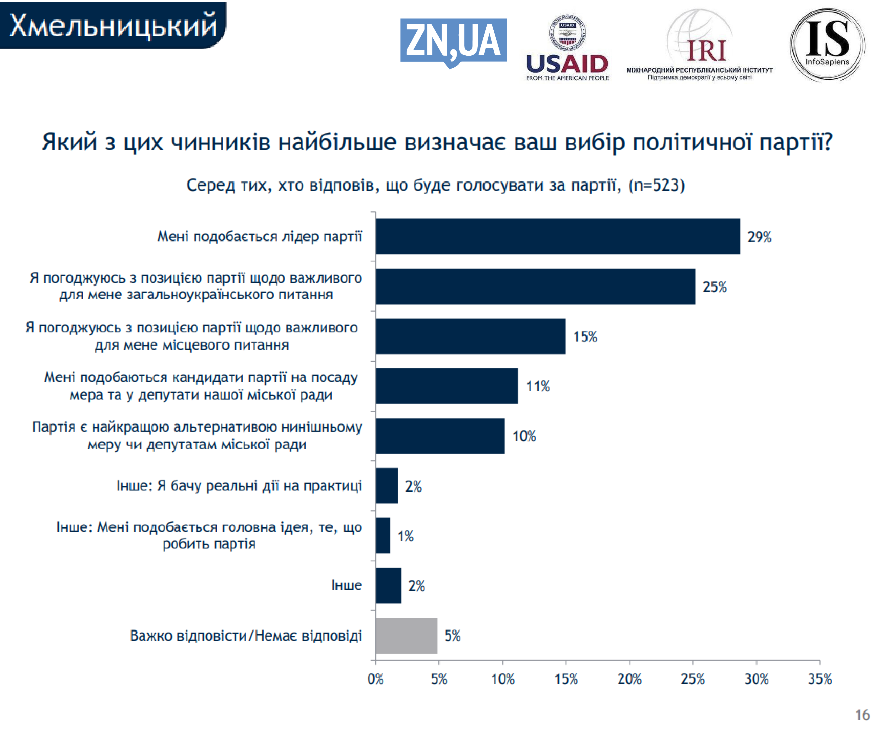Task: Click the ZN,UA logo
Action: [x=453, y=41]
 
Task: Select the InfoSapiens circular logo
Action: [x=827, y=44]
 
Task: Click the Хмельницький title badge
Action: [x=113, y=25]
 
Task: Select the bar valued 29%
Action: [x=558, y=237]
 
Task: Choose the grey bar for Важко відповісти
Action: [x=406, y=635]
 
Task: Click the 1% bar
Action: [x=382, y=536]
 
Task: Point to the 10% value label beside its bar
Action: [x=524, y=436]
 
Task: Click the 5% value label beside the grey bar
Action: [x=452, y=635]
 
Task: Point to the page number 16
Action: [x=862, y=715]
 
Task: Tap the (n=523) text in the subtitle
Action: [x=656, y=185]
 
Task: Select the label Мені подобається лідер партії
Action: [x=259, y=237]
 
